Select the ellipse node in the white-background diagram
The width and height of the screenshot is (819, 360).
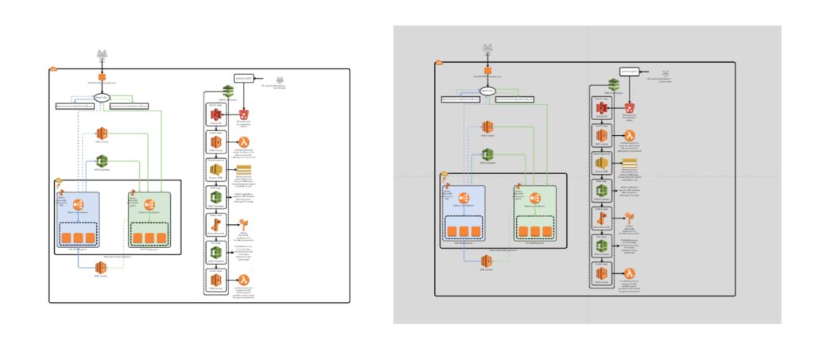point(102,98)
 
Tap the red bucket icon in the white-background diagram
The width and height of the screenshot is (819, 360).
point(243,116)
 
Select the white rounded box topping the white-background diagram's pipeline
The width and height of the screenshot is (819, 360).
point(243,78)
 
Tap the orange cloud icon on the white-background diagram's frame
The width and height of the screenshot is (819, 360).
point(53,68)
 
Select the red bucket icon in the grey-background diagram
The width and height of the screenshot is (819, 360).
point(630,107)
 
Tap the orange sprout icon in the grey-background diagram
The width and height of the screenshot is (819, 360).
point(630,218)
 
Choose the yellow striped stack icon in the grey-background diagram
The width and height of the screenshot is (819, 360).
point(630,162)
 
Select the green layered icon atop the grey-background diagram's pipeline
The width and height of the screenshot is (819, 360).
point(612,84)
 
